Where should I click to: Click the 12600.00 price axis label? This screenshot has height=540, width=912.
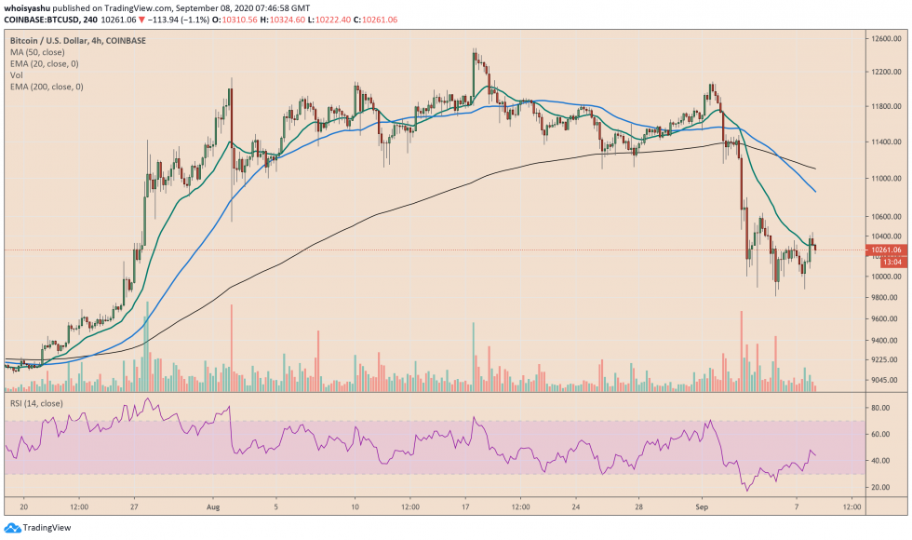[x=883, y=38]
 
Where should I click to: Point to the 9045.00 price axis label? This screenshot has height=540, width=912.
[x=882, y=380]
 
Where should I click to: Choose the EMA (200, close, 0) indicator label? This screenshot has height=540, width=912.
[x=47, y=87]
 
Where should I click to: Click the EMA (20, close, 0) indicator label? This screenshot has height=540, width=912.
[x=44, y=64]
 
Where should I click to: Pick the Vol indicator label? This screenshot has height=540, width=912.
[x=17, y=75]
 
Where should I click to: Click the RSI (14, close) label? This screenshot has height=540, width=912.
[x=35, y=404]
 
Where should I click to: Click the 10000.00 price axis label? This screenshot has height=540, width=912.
[x=883, y=277]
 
